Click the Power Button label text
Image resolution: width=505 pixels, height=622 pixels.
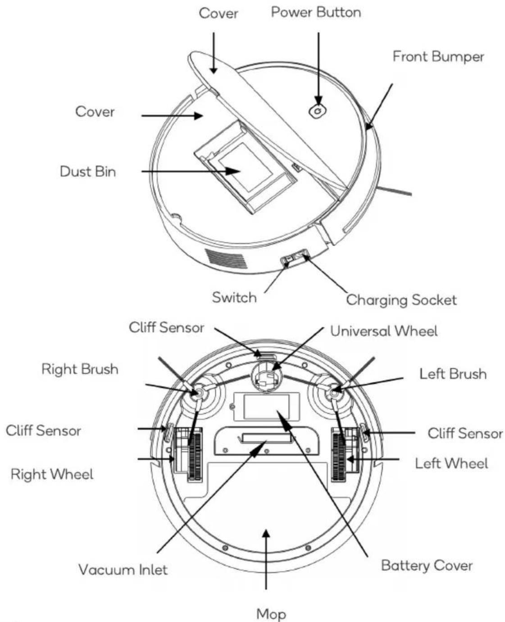[x=316, y=12]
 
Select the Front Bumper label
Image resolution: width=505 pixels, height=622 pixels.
[x=438, y=57]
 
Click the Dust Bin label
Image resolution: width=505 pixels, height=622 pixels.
[x=88, y=172]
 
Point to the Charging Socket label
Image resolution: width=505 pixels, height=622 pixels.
[x=401, y=300]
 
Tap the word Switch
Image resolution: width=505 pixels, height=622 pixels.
[x=234, y=298]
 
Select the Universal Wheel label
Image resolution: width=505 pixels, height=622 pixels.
[x=384, y=331]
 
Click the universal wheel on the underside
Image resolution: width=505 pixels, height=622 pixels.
[x=266, y=377]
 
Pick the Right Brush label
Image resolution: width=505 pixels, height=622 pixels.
[x=80, y=369]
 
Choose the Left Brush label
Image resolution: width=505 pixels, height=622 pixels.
[x=453, y=374]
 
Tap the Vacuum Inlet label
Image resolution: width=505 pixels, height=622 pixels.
[x=123, y=570]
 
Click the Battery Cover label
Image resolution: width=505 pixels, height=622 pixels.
[x=427, y=565]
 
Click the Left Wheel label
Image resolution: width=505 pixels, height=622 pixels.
[x=451, y=463]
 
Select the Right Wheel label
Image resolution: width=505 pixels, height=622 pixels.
[x=52, y=474]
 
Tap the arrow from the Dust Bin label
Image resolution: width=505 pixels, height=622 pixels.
[x=191, y=172]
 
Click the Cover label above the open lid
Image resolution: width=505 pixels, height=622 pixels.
[x=218, y=14]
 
